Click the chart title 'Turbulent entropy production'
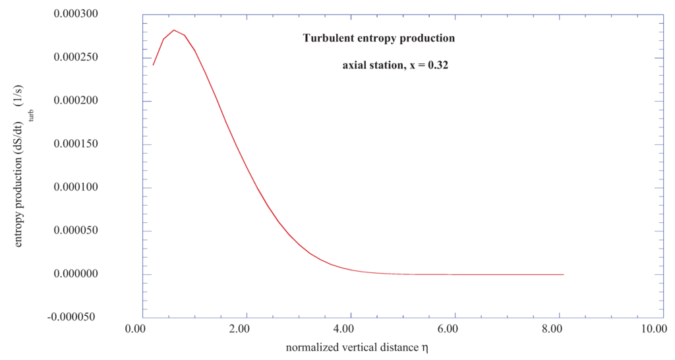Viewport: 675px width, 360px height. coord(378,39)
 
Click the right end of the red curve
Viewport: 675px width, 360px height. coord(564,274)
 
